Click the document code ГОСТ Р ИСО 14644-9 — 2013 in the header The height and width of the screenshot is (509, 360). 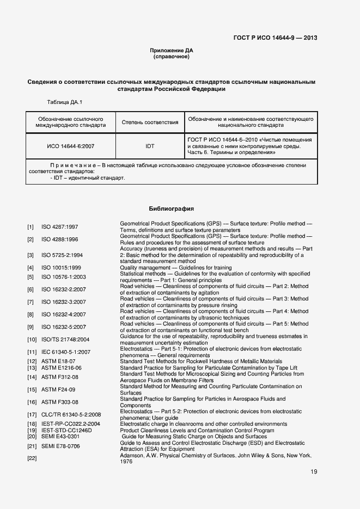pos(275,38)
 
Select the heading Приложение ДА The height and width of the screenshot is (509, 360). pos(172,51)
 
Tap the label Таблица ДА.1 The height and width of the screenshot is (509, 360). pos(65,102)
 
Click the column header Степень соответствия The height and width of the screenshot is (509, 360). pos(150,122)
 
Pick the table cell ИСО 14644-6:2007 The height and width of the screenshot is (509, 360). pos(71,146)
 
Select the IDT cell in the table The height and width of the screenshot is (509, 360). pos(150,146)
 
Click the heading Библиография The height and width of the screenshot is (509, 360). pos(172,209)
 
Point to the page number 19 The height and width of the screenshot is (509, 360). pos(314,472)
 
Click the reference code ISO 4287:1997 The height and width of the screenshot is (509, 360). pos(60,226)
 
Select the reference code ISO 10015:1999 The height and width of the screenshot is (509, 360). pos(61,268)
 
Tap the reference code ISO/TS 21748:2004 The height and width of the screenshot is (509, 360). pos(65,340)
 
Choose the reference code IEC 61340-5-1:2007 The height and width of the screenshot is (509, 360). pos(66,352)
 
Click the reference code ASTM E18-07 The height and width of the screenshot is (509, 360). pos(58,361)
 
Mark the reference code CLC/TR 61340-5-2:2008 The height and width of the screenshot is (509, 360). pos(71,415)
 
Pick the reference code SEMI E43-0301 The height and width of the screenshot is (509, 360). pos(60,437)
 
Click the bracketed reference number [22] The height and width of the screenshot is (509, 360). pos(31,458)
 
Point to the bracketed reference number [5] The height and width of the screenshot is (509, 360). pos(31,277)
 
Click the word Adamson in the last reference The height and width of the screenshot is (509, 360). pos(132,455)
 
